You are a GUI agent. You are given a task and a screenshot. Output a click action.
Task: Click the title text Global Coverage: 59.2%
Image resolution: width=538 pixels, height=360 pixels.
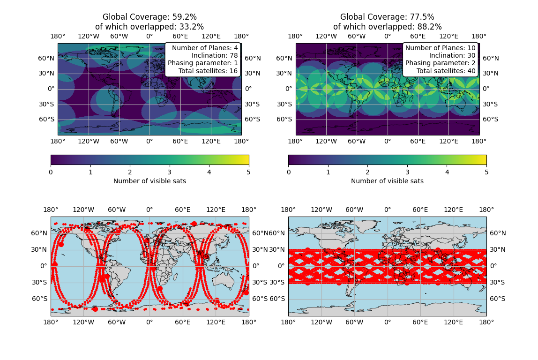(x=149, y=17)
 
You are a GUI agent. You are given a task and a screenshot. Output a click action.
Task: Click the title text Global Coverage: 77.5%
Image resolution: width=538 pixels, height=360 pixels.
(x=387, y=17)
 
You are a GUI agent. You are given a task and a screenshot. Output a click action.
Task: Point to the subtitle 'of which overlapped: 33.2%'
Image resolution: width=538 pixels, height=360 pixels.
(x=149, y=27)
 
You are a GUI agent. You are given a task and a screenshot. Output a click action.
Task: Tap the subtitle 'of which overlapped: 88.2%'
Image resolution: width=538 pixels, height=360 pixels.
(x=387, y=27)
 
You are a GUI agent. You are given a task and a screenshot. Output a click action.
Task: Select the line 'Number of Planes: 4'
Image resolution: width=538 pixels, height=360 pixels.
(x=205, y=48)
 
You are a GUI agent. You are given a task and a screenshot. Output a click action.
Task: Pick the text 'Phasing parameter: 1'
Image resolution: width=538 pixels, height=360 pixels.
(x=203, y=63)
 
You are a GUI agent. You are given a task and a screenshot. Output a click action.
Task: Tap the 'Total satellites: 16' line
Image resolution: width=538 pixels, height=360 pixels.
(x=208, y=71)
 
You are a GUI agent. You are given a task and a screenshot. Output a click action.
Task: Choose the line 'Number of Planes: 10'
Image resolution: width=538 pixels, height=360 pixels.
(x=440, y=48)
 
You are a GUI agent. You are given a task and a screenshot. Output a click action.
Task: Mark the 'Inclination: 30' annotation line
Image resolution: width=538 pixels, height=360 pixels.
(x=452, y=56)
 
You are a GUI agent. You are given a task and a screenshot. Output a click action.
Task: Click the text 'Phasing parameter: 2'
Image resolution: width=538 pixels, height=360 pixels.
(x=440, y=63)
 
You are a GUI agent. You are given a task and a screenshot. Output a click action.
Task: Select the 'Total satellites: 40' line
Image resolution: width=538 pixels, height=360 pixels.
(x=446, y=71)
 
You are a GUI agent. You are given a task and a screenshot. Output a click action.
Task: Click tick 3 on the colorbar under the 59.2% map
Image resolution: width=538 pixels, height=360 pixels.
(x=170, y=172)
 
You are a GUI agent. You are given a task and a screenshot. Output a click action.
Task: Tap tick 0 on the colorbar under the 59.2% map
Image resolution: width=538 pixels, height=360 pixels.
(x=51, y=172)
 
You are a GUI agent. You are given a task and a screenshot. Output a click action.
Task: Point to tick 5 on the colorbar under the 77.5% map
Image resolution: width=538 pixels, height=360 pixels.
(x=486, y=172)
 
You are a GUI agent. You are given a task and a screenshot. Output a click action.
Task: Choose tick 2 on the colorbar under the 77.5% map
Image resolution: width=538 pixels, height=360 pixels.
(x=367, y=172)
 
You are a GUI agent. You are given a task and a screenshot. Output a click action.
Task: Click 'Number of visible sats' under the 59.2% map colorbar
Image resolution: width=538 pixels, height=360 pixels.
(x=149, y=181)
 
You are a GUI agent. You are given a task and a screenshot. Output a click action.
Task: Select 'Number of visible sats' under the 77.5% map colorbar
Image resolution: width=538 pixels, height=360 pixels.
(x=387, y=181)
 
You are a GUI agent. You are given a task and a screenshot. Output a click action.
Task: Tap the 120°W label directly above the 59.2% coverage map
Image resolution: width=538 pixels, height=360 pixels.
(x=88, y=37)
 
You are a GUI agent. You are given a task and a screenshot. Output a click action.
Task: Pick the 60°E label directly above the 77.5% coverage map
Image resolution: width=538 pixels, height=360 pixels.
(x=418, y=37)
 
